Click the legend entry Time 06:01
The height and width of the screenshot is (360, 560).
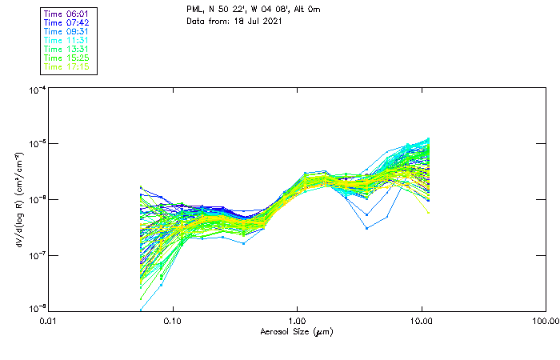[x=66, y=14]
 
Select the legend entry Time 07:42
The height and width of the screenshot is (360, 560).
[x=66, y=22]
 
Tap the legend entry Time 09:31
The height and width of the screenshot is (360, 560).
[x=66, y=31]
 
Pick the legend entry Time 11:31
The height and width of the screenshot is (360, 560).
[x=66, y=40]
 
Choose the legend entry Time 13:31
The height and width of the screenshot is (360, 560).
[x=66, y=49]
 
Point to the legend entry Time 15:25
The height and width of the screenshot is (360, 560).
[x=66, y=58]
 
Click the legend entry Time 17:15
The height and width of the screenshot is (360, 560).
[x=66, y=66]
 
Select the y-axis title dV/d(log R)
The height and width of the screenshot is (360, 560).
[x=19, y=200]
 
